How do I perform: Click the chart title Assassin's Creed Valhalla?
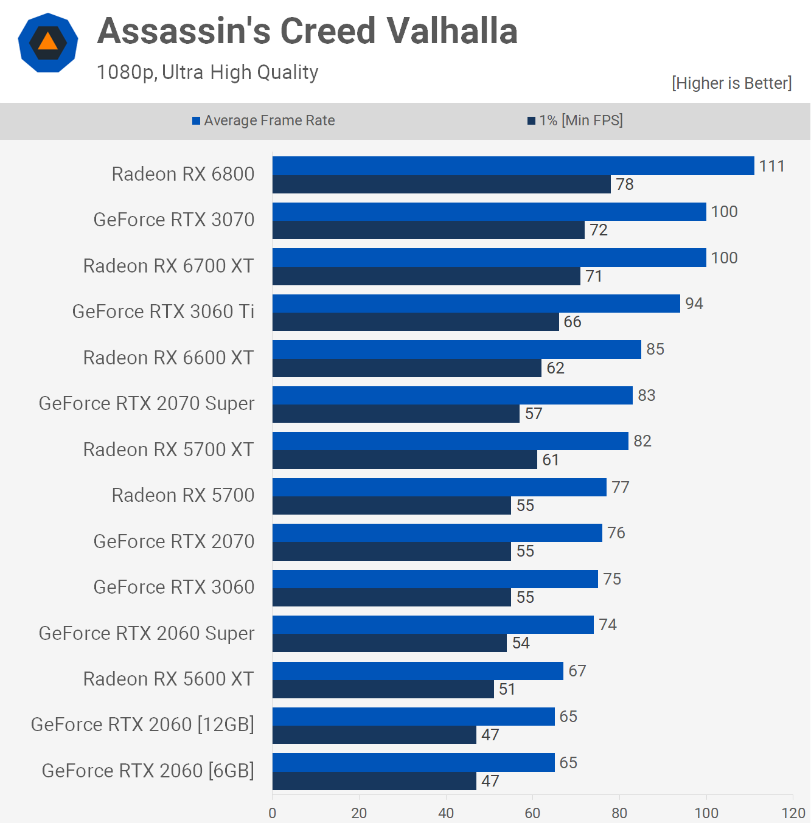tap(307, 31)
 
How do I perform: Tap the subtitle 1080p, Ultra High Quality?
tap(207, 72)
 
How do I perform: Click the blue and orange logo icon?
tap(48, 43)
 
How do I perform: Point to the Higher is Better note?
tap(731, 83)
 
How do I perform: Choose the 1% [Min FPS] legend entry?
tap(575, 120)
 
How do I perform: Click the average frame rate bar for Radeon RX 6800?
tap(513, 166)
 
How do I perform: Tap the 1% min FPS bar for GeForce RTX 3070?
tap(428, 230)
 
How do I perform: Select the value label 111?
tap(771, 166)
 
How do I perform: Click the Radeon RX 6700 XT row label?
tap(169, 266)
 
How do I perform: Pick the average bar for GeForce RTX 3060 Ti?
tap(476, 304)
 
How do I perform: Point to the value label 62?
tap(555, 368)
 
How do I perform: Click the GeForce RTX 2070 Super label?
tap(147, 403)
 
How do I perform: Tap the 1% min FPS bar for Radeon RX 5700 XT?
tap(405, 460)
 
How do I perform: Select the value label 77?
tap(620, 487)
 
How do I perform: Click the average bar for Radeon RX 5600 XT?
tap(417, 671)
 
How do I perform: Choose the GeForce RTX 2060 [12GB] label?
tap(142, 724)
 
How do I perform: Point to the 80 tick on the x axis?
tap(619, 813)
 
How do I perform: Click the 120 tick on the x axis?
tap(793, 813)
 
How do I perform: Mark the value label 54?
tap(521, 643)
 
